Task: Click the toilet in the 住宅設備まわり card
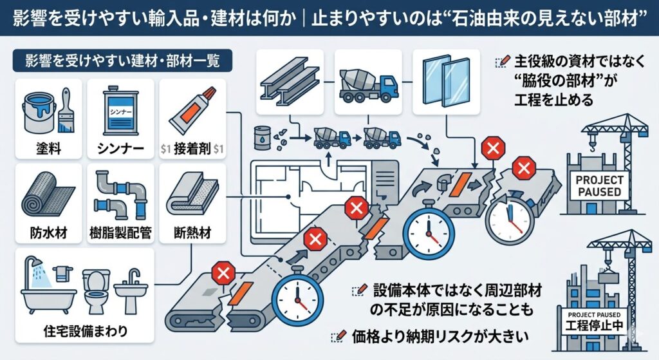coord(95,290)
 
